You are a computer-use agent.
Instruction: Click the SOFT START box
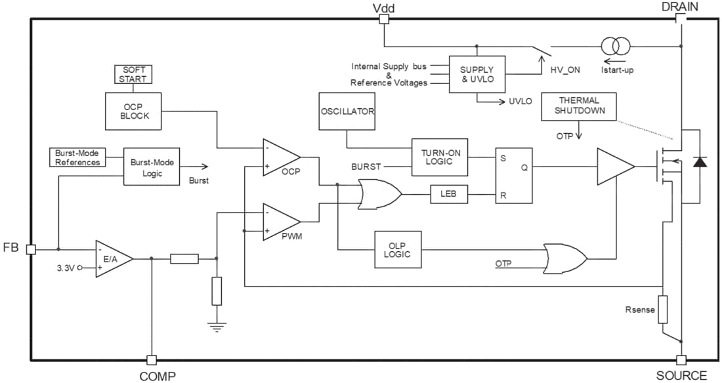click(133, 74)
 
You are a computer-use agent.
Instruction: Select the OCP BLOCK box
click(134, 111)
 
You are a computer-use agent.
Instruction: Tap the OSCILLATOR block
click(347, 111)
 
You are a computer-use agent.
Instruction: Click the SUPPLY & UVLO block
click(477, 74)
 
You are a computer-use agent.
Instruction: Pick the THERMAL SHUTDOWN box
click(579, 106)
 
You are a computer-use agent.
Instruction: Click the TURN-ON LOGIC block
click(440, 157)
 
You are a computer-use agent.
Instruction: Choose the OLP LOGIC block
click(398, 249)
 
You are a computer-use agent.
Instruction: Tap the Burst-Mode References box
click(77, 157)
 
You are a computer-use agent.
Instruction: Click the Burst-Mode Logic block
click(152, 167)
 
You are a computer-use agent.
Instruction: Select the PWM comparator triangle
click(278, 222)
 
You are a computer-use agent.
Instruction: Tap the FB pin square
click(30, 249)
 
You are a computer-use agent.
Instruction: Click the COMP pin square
click(152, 359)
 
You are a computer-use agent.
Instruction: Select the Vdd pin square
click(384, 20)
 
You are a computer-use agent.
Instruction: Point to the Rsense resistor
click(663, 309)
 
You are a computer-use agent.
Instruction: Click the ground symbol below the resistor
click(217, 326)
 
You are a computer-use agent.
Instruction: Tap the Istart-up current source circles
click(616, 46)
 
